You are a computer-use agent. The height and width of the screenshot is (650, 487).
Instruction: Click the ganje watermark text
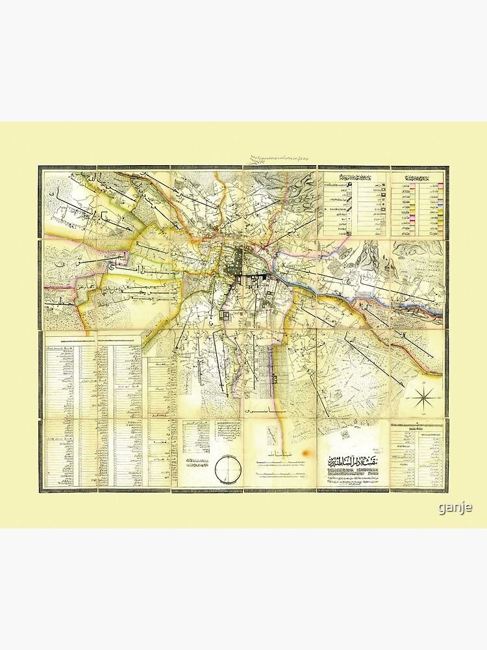(455, 507)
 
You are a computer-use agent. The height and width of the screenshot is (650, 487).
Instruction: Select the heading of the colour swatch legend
(419, 177)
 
